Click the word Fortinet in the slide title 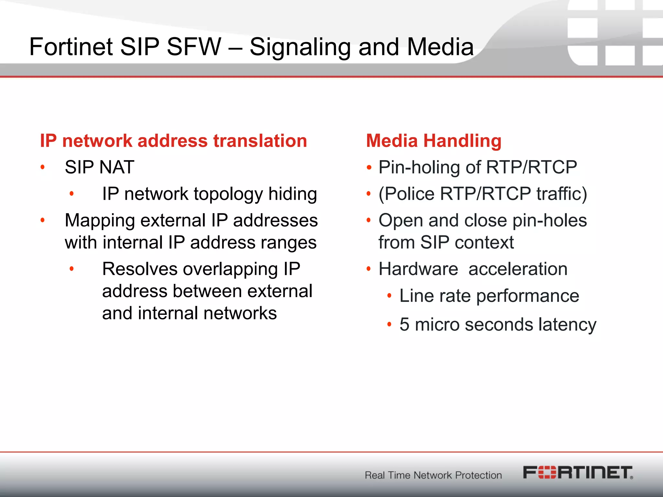(71, 47)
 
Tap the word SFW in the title (194, 47)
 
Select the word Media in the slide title (440, 47)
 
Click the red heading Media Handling (434, 141)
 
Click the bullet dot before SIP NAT (42, 167)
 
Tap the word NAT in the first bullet (117, 167)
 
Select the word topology (228, 194)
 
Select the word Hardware (418, 269)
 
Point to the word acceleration (518, 269)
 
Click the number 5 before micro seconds (404, 325)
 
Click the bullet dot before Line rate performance (389, 296)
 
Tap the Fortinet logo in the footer (578, 472)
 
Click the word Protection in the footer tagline (478, 475)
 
